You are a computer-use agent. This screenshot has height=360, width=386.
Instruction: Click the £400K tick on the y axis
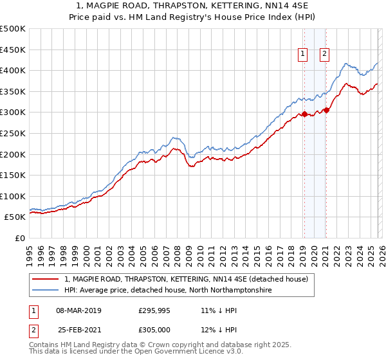[13, 71]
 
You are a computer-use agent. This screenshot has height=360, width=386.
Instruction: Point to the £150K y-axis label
[13, 175]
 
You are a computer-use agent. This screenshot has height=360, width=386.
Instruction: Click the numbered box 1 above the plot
[302, 55]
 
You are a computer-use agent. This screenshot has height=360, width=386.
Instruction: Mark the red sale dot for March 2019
[304, 114]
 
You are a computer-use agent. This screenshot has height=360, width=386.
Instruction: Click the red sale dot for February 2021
[326, 111]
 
